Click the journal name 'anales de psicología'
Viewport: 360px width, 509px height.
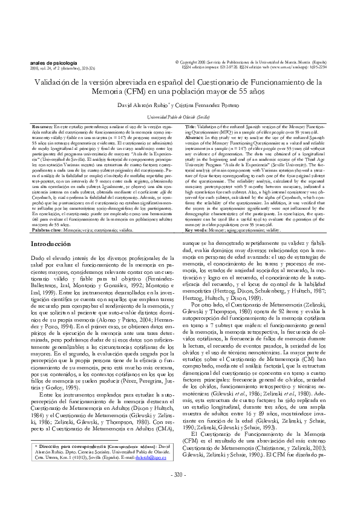coord(53,62)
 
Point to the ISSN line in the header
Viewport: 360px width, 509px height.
coord(260,68)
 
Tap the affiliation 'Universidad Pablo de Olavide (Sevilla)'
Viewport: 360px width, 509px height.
coord(180,115)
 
